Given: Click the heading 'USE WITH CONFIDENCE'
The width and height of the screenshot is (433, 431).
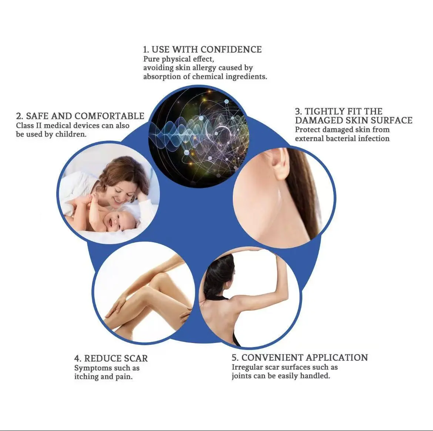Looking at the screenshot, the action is point(207,50).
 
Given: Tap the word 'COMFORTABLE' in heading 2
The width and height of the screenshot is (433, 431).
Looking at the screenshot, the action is point(109,116).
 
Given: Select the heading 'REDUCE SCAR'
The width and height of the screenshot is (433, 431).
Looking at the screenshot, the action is point(116,358).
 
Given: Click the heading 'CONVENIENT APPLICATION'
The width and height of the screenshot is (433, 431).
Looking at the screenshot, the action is point(305,357).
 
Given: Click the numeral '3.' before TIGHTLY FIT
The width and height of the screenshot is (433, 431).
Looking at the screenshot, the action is point(299,112).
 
